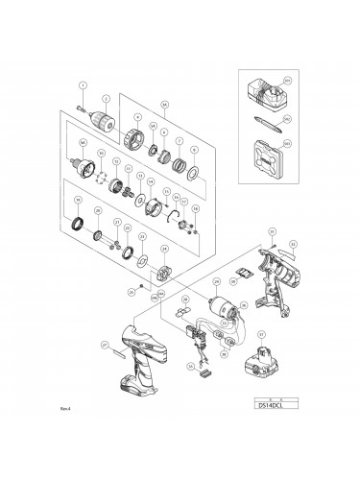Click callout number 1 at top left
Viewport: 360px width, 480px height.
[83, 85]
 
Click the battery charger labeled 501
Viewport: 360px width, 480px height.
[273, 102]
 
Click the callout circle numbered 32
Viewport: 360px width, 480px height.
[293, 245]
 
